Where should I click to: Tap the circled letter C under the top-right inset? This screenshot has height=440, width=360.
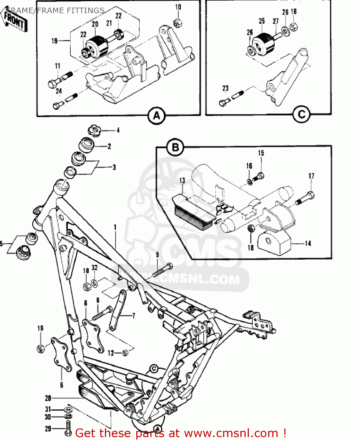click(301, 114)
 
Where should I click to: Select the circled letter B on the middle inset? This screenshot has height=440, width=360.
click(175, 147)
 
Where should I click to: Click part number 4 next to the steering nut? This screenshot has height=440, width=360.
click(118, 130)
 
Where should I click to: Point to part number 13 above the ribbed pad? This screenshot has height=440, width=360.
click(182, 180)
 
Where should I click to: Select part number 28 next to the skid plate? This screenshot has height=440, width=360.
click(48, 398)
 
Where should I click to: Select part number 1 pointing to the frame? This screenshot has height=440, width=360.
click(115, 227)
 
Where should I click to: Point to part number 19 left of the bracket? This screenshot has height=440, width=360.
click(55, 41)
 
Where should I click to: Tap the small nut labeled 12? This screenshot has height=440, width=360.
click(125, 353)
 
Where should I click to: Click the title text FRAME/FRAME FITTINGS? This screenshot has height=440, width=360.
click(56, 11)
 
